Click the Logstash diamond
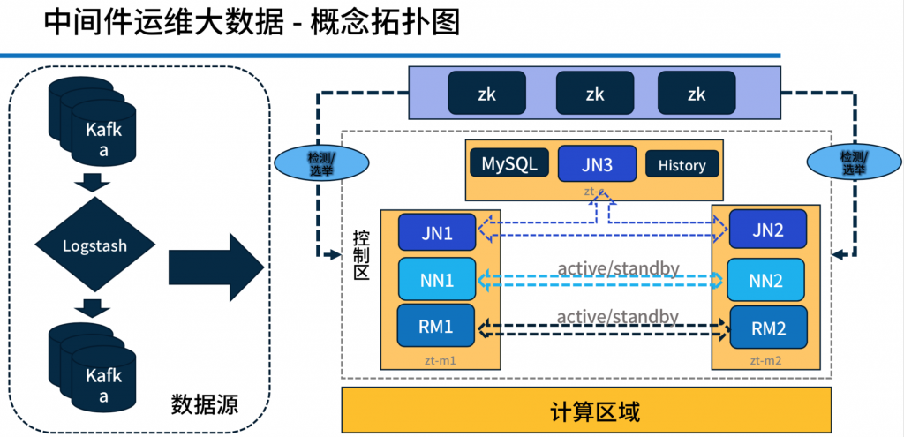[x=94, y=245]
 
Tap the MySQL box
[x=508, y=163]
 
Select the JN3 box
[x=597, y=163]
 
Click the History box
[x=682, y=164]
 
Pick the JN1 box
[x=437, y=232]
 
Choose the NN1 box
[x=437, y=280]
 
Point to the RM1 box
[x=437, y=326]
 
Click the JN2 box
[x=767, y=230]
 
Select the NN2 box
[x=766, y=280]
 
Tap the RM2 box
[x=768, y=328]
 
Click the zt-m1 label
[x=439, y=360]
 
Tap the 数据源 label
[x=205, y=403]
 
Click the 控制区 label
[x=361, y=254]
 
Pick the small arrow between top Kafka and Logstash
[x=92, y=182]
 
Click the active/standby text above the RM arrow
[x=618, y=316]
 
